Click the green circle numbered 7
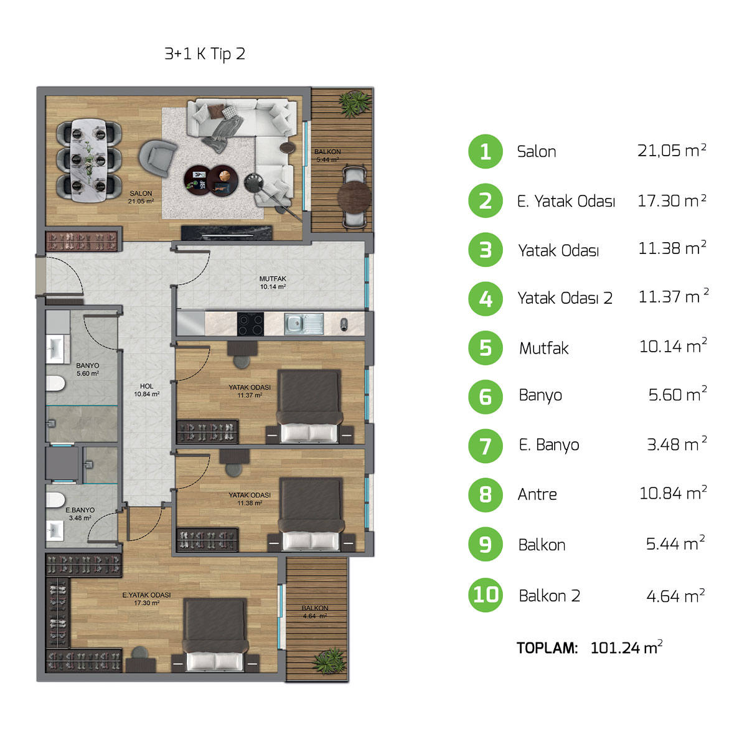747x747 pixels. point(486,446)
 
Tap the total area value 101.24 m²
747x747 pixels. point(626,648)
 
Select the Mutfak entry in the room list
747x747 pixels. point(544,348)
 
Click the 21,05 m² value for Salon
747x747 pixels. point(672,151)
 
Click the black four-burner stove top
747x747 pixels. point(250,324)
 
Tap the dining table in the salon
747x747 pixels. point(89,160)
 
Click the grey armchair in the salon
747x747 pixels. point(157,157)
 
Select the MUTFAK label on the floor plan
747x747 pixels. point(273,279)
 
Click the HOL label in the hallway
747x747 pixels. point(146,386)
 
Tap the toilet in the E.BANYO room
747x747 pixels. point(55,499)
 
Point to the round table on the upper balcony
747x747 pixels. point(354,197)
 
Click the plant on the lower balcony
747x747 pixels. point(329,661)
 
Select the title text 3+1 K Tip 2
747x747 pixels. point(205,54)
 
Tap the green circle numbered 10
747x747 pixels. point(486,595)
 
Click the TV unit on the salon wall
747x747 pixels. point(227,233)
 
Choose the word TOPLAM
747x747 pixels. point(547,648)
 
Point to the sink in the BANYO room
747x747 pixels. point(55,349)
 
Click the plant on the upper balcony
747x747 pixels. point(354,103)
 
